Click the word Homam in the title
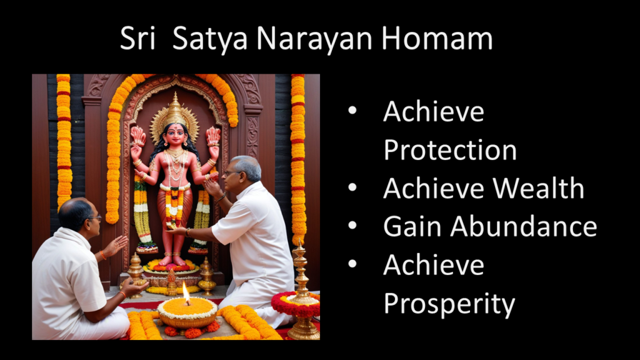tap(437, 38)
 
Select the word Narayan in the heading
tap(314, 39)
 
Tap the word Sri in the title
tap(137, 38)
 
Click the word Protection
tap(450, 150)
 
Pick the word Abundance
tap(523, 226)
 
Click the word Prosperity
tap(449, 304)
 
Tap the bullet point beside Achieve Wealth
tap(352, 187)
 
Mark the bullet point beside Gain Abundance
tap(352, 225)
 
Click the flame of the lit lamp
tap(186, 292)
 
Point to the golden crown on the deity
tap(175, 114)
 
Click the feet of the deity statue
tap(172, 259)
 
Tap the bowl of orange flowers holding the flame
tap(187, 314)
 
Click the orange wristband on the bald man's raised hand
tap(103, 255)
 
